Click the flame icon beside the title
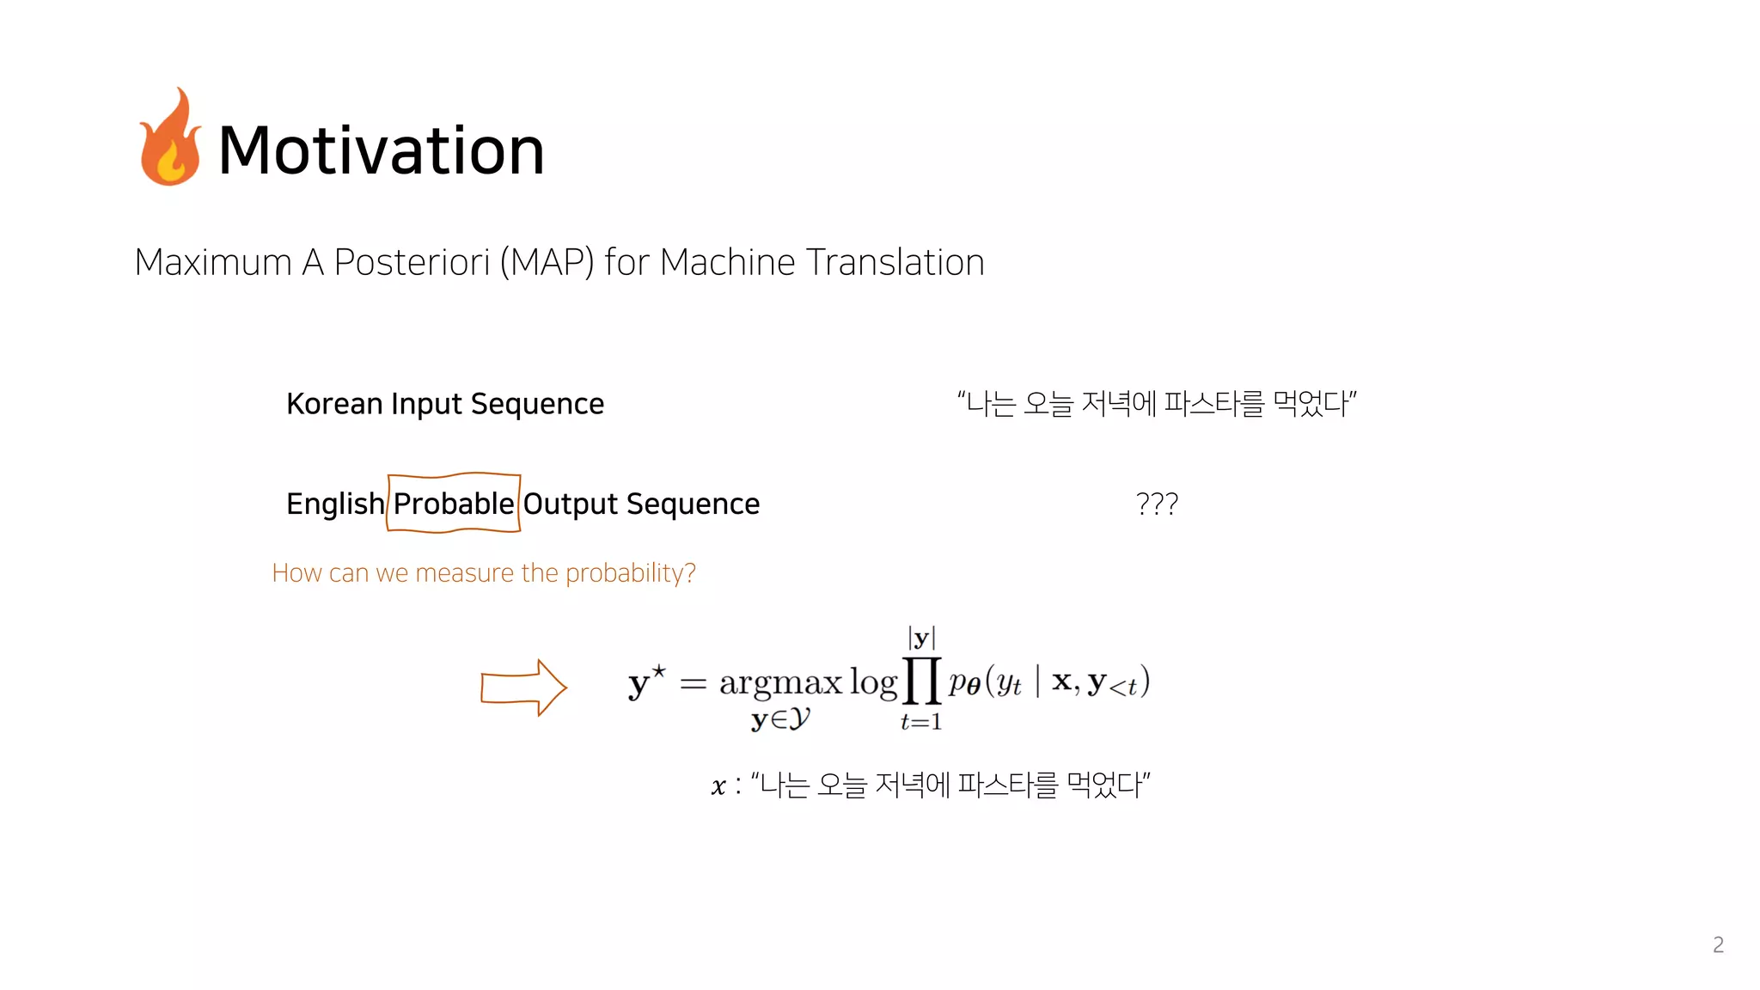pyautogui.click(x=170, y=139)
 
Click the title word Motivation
pyautogui.click(x=382, y=150)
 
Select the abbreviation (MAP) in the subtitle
pyautogui.click(x=547, y=263)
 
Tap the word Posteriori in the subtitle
pyautogui.click(x=412, y=262)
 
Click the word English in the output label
pyautogui.click(x=335, y=504)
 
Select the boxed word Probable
pyautogui.click(x=454, y=504)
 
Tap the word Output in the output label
pyautogui.click(x=571, y=504)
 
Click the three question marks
pyautogui.click(x=1157, y=504)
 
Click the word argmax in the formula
pyautogui.click(x=780, y=682)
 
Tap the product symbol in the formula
pyautogui.click(x=921, y=681)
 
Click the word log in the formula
pyautogui.click(x=873, y=682)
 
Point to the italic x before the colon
pyautogui.click(x=718, y=786)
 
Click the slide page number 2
pyautogui.click(x=1718, y=944)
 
